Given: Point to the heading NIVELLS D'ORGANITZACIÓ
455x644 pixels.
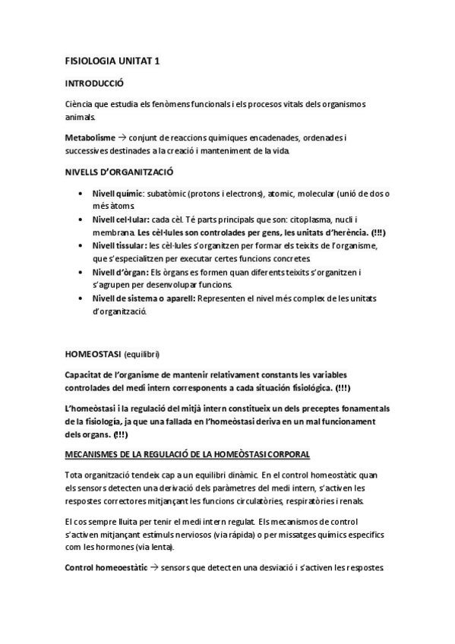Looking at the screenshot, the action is (x=119, y=172).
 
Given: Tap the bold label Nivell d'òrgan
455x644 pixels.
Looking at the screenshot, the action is (x=119, y=271).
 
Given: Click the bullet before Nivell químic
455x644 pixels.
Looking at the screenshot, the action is (x=81, y=194).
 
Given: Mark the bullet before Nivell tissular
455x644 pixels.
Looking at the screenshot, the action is (x=81, y=246).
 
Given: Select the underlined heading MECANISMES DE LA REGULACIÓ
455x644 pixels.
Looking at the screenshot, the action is (x=188, y=454).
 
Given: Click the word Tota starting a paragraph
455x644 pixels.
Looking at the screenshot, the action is (x=74, y=475).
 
